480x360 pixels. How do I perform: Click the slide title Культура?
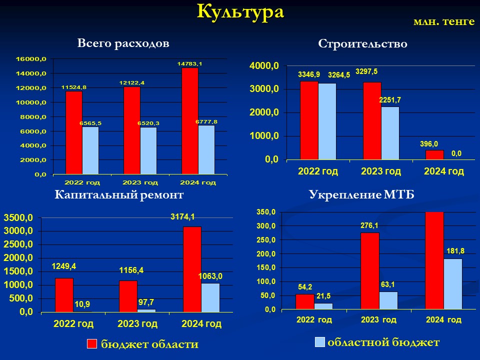(240, 12)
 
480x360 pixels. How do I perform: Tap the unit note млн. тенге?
(444, 21)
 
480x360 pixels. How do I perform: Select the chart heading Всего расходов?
(123, 43)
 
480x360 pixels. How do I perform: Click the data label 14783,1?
(190, 63)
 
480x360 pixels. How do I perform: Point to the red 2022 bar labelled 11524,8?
(74, 132)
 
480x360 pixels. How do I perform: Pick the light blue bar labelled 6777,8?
(206, 149)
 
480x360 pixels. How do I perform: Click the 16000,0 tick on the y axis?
(31, 59)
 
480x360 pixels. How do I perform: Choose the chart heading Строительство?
(363, 44)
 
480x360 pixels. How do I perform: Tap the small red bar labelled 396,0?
(434, 155)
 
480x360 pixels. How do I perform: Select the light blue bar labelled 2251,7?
(390, 133)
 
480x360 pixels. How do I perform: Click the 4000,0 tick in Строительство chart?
(264, 66)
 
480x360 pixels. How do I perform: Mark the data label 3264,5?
(339, 75)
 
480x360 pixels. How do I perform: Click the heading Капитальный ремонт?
(119, 194)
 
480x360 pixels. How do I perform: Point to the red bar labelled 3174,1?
(192, 269)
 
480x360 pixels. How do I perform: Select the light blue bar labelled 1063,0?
(210, 298)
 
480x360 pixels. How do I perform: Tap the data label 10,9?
(82, 304)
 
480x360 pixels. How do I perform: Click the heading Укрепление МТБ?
(361, 194)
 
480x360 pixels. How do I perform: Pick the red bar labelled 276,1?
(370, 271)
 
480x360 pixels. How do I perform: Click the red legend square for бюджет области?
(92, 344)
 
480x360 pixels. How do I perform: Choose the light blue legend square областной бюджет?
(320, 342)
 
